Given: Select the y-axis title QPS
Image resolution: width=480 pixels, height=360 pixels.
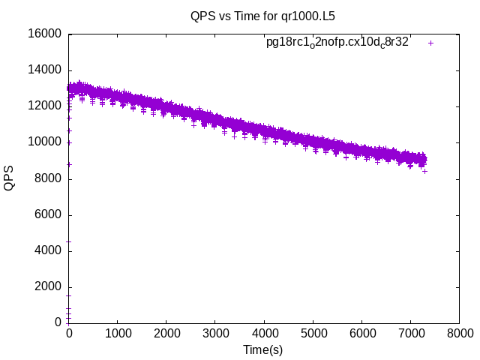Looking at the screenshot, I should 10,178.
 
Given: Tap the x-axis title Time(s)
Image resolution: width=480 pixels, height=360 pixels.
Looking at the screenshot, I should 262,349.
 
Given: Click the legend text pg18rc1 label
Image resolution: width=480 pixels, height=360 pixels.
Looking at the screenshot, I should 337,43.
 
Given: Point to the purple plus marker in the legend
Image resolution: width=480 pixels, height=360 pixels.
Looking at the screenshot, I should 430,43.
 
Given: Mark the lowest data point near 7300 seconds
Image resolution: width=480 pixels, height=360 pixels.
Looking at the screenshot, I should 424,171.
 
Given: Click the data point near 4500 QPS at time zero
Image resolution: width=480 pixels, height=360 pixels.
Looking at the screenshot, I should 69,241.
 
